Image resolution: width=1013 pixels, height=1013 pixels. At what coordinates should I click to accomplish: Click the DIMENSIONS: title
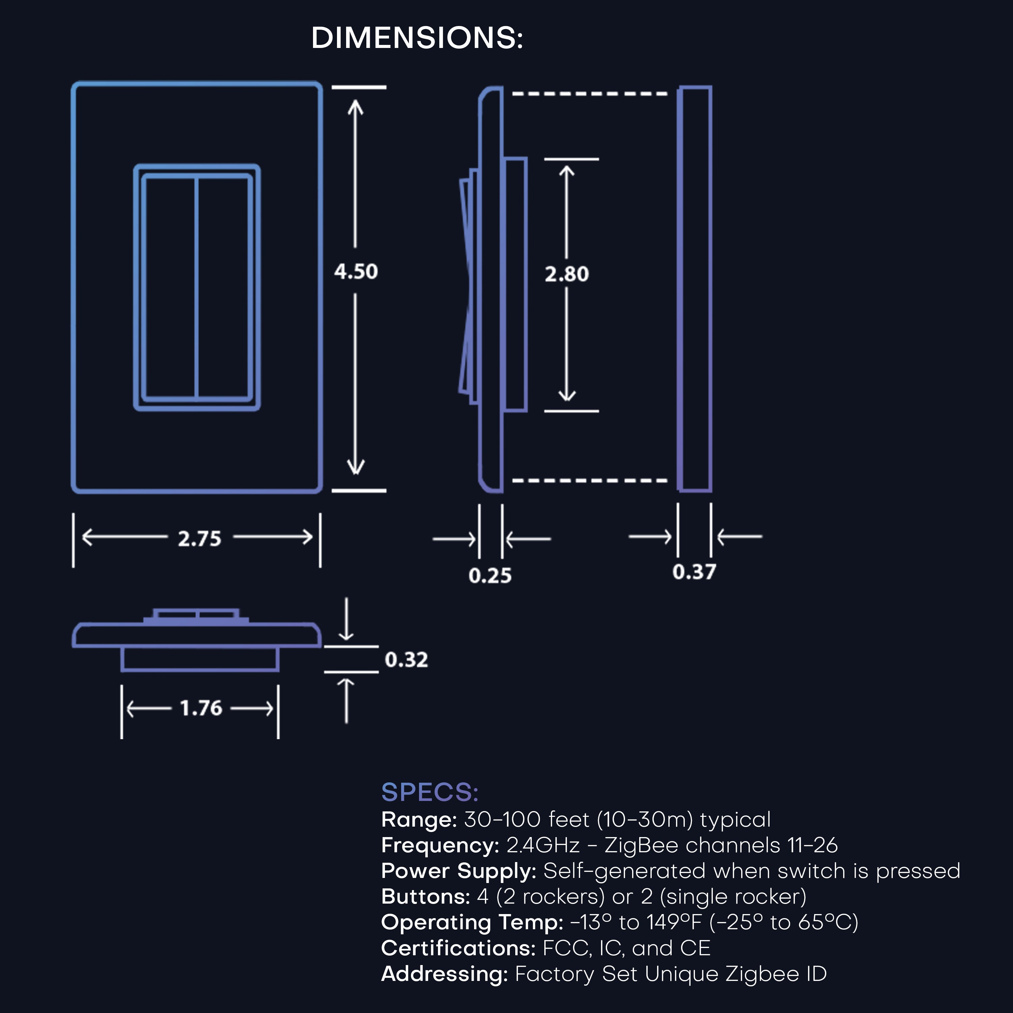(417, 38)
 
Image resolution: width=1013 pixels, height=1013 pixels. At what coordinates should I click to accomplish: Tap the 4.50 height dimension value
(356, 271)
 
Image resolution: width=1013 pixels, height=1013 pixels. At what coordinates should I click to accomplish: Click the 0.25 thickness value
(490, 576)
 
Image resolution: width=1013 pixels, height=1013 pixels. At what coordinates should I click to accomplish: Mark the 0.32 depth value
(406, 659)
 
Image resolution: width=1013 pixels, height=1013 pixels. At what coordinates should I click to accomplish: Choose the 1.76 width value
(201, 708)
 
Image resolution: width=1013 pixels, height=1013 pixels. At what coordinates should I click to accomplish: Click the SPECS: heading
(430, 792)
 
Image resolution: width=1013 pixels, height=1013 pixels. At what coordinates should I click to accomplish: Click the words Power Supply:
(458, 871)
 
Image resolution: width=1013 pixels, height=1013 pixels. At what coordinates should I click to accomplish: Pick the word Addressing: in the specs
(444, 974)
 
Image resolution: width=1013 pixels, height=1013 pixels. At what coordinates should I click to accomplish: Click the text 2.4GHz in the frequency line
(543, 845)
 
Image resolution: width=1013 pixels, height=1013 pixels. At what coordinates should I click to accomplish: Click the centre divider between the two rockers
(197, 287)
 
